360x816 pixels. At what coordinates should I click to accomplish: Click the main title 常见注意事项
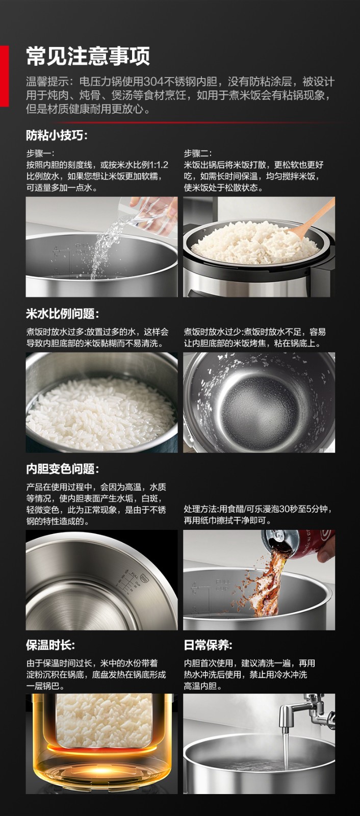pyautogui.click(x=88, y=57)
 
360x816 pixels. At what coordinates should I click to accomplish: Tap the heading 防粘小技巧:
pyautogui.click(x=57, y=136)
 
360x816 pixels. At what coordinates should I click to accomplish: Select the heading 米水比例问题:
pyautogui.click(x=62, y=314)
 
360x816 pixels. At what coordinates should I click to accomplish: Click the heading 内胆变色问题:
pyautogui.click(x=62, y=469)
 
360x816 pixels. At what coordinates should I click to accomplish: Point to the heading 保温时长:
pyautogui.click(x=50, y=645)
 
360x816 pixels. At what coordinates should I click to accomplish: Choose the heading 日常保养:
pyautogui.click(x=208, y=645)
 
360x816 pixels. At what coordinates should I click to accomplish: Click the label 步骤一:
pyautogui.click(x=40, y=154)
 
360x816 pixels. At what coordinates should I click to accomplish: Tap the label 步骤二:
pyautogui.click(x=198, y=154)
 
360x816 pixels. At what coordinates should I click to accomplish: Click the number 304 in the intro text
pyautogui.click(x=154, y=82)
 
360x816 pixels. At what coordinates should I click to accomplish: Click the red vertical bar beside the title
pyautogui.click(x=5, y=76)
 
